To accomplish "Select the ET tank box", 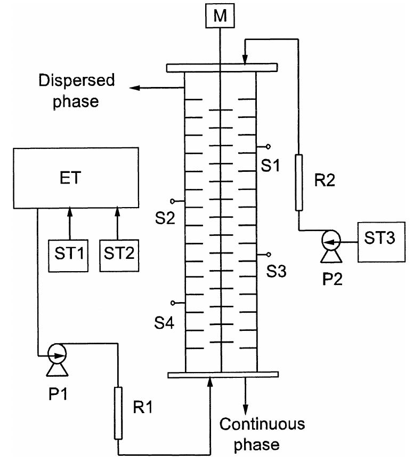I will click(x=71, y=179).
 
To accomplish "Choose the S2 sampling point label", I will click(x=164, y=218).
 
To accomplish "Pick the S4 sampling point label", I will click(x=164, y=322).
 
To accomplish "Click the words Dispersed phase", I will click(x=76, y=90).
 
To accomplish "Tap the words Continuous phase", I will click(x=262, y=434).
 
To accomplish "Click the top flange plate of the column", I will click(x=221, y=68).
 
